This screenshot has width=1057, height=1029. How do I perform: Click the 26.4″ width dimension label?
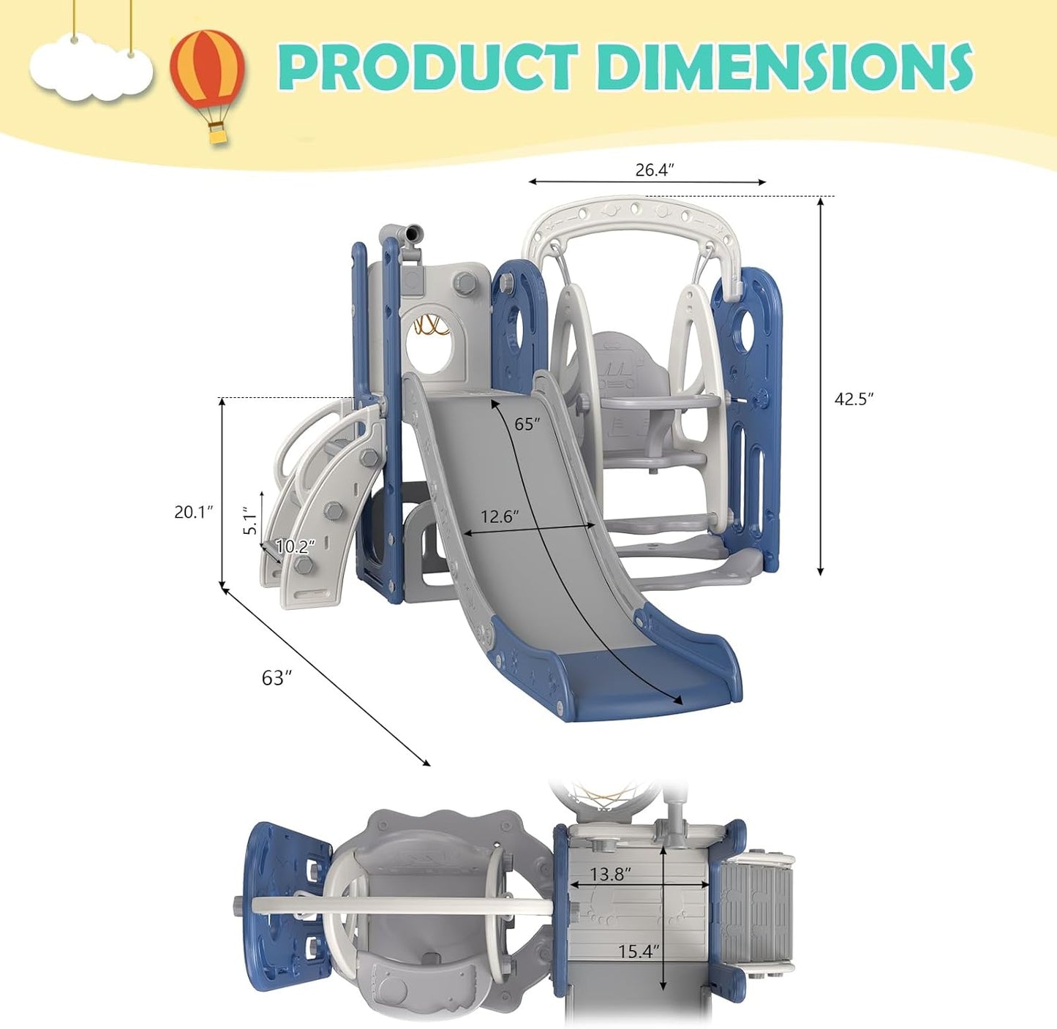655,170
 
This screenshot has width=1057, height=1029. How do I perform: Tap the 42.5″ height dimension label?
854,399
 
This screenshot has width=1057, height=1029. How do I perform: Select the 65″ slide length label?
527,423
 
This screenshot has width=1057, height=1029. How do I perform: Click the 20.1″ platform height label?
193,511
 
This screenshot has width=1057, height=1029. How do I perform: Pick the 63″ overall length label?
277,678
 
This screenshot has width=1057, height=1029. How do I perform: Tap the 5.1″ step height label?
250,520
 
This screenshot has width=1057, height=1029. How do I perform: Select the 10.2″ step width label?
296,546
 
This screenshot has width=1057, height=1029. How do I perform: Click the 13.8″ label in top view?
611,874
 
